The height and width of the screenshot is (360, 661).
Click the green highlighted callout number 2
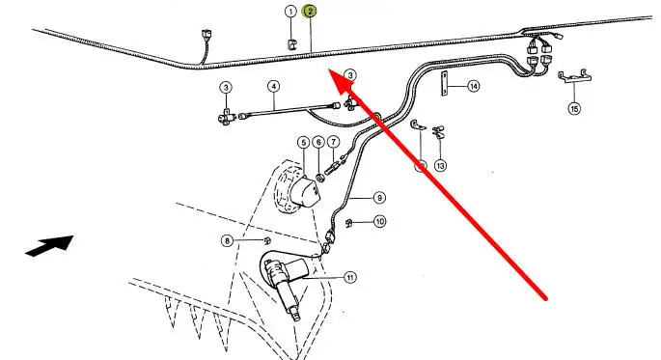tap(310, 12)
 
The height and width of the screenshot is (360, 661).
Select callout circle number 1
tap(290, 12)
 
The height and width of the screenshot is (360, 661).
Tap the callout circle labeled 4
tap(274, 87)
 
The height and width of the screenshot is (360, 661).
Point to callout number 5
tap(304, 143)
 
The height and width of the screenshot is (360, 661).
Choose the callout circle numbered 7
tap(333, 143)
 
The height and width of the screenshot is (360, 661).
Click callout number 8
tap(228, 240)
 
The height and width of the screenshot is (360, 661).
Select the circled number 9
tap(379, 198)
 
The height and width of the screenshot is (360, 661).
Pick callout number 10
tap(380, 221)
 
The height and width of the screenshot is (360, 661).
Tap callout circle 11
tap(350, 277)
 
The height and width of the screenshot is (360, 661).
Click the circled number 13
tap(440, 166)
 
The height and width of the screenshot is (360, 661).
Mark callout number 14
tap(474, 87)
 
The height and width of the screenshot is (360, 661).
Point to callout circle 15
tap(574, 109)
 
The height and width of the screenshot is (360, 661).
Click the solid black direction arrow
tap(50, 245)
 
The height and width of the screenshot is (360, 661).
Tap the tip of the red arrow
tap(329, 70)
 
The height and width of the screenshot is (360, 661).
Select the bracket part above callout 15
tap(574, 76)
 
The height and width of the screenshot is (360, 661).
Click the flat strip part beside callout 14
tap(444, 84)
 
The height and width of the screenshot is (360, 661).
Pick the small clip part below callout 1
tap(291, 44)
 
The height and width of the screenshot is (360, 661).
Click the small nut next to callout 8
tap(266, 240)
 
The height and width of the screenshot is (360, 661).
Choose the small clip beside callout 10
tap(349, 223)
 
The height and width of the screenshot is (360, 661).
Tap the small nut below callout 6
tap(319, 178)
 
